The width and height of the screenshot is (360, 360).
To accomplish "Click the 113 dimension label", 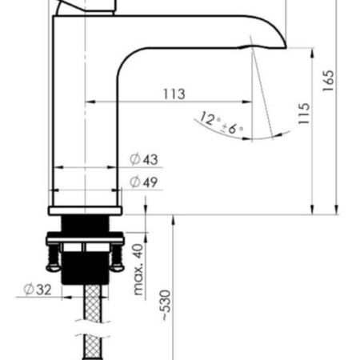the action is pyautogui.click(x=174, y=94).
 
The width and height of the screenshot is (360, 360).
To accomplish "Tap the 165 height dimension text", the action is pyautogui.click(x=328, y=81).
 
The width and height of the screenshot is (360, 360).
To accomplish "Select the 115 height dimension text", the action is pyautogui.click(x=304, y=114).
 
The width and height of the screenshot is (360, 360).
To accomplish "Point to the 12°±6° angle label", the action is pyautogui.click(x=222, y=123).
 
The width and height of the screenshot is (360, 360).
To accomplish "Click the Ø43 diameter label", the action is pyautogui.click(x=144, y=159).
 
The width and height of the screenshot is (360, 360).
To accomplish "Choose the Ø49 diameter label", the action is pyautogui.click(x=144, y=182).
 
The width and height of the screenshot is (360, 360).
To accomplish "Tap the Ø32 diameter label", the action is pyautogui.click(x=38, y=290).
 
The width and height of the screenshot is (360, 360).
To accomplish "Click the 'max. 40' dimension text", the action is pyautogui.click(x=138, y=270).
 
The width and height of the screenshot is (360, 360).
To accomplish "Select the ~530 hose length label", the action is pyautogui.click(x=166, y=306).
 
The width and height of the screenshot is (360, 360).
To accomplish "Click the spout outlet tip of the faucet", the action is pyautogui.click(x=285, y=46).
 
